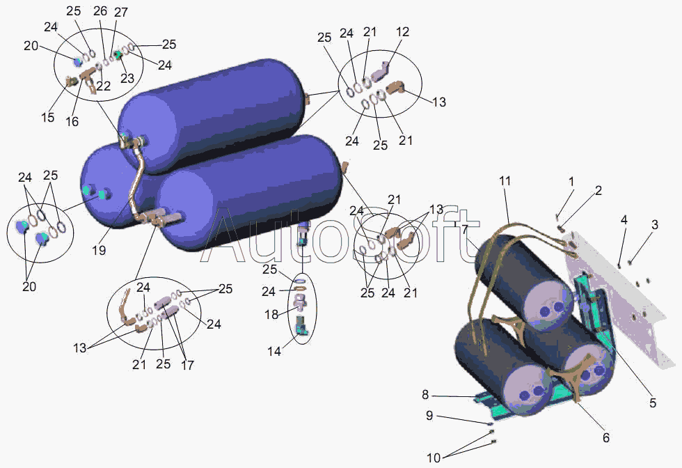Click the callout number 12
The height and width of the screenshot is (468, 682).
tap(403, 33)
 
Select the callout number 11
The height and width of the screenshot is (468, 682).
tap(505, 181)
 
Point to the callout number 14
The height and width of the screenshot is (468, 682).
tap(275, 352)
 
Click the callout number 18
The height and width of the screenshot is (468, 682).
tap(271, 315)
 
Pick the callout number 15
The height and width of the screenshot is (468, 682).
tap(47, 118)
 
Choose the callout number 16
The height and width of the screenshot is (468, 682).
tap(72, 121)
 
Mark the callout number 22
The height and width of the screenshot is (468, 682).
tap(103, 86)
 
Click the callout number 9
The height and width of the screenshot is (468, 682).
tap(429, 416)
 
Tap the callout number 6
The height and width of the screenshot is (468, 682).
tap(605, 438)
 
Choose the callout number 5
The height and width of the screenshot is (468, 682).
tap(653, 403)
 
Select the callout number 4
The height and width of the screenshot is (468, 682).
tap(624, 219)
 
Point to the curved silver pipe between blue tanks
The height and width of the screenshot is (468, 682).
tap(136, 181)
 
